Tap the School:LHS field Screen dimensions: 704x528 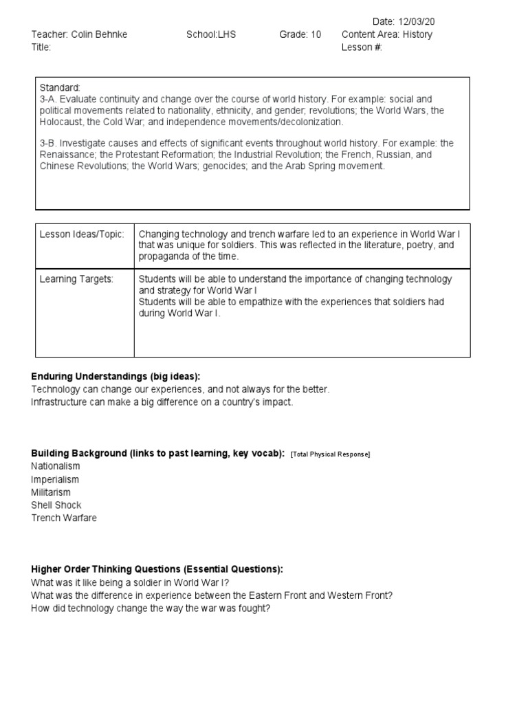(210, 35)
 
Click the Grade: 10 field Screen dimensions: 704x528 (300, 35)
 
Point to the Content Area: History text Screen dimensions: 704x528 (387, 35)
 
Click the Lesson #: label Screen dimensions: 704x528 (361, 47)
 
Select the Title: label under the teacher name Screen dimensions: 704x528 (41, 47)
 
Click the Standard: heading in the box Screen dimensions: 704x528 (60, 88)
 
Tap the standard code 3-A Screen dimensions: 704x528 (47, 100)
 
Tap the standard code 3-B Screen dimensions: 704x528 (47, 143)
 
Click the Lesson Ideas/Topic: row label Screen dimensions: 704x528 (82, 235)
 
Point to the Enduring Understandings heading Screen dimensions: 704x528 (115, 377)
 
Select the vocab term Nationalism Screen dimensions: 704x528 (56, 467)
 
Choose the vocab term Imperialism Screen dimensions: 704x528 (55, 480)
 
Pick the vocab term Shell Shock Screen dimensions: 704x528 (56, 505)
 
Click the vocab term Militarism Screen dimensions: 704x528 (51, 492)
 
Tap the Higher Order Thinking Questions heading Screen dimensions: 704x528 (157, 570)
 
